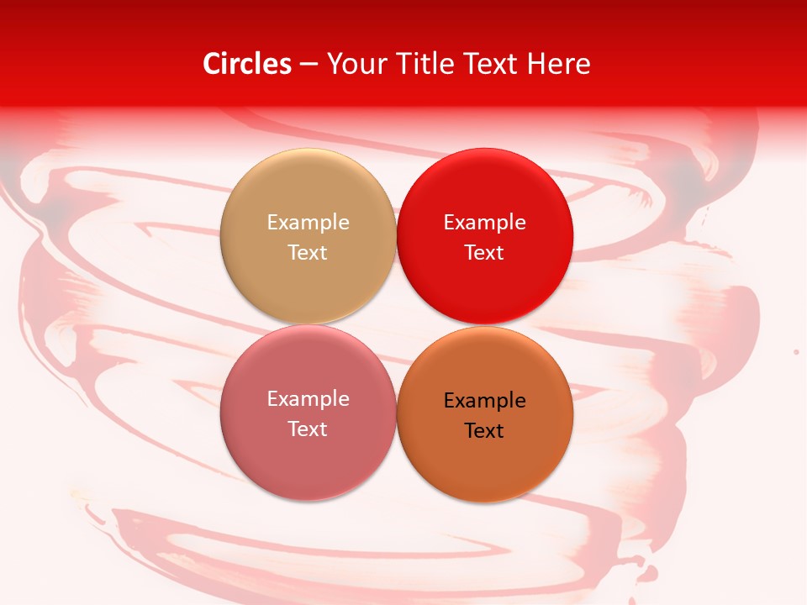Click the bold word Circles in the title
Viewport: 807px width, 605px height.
pos(247,64)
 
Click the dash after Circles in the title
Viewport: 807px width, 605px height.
pos(309,65)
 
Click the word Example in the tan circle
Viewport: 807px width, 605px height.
pos(308,223)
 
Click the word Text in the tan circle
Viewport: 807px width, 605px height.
pos(308,252)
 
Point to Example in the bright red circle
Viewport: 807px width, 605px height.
pos(485,223)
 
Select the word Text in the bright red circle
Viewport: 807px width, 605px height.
pos(485,252)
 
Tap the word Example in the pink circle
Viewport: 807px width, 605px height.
pos(308,399)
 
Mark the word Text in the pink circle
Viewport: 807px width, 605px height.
pos(308,429)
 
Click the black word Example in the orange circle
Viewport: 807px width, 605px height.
pos(485,401)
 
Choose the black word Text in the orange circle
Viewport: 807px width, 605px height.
pos(485,431)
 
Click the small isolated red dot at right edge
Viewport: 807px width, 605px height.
pos(796,351)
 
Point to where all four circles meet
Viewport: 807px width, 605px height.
pos(396,324)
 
